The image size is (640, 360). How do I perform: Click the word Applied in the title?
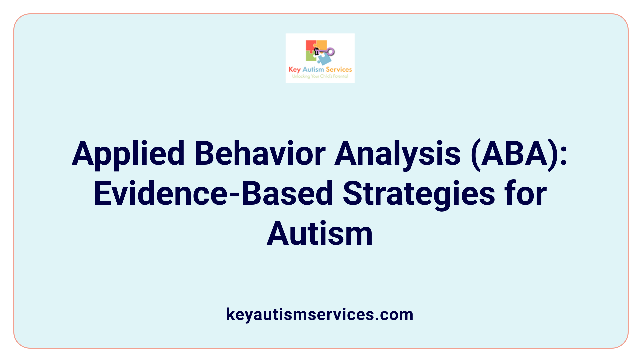point(128,154)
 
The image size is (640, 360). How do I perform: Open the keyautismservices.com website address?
point(320,315)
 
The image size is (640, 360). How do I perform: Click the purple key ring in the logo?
point(331,52)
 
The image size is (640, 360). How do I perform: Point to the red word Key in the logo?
point(295,70)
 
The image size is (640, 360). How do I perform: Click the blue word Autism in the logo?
point(313,70)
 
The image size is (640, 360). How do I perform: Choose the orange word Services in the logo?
point(339,69)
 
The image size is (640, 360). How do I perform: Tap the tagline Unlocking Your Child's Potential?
point(320,76)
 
